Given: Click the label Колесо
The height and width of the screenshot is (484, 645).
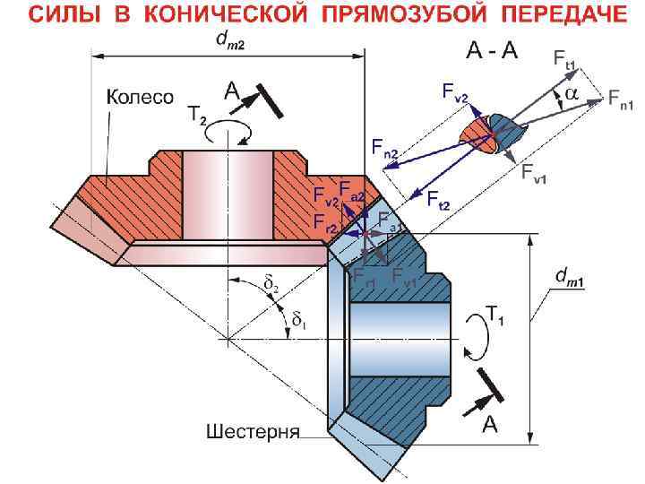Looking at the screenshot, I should coord(141,97).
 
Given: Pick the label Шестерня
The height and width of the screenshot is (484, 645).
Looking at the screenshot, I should coord(253,430).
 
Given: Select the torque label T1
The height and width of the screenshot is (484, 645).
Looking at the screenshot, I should coord(494,313).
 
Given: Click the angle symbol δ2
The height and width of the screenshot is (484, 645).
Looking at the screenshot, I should coord(271,285).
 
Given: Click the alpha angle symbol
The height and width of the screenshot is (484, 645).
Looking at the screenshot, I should coord(571,93).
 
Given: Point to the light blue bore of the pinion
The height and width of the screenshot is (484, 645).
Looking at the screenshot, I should coord(399,327).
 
